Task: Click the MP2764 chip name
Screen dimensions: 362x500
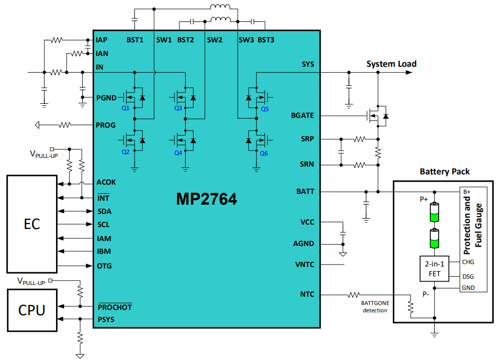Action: [x=207, y=199]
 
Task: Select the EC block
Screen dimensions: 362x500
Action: [x=32, y=224]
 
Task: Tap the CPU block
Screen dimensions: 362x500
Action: [x=32, y=310]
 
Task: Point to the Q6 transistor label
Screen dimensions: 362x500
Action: [x=264, y=152]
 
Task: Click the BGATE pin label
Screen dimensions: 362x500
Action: [x=302, y=116]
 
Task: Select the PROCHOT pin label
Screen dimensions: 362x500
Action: [x=115, y=307]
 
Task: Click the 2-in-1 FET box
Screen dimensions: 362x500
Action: [x=434, y=268]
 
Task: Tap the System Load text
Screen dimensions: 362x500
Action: [x=391, y=64]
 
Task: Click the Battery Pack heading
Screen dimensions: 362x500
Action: [x=444, y=171]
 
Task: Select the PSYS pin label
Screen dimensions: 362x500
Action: [x=106, y=320]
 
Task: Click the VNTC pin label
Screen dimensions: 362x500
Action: [x=305, y=265]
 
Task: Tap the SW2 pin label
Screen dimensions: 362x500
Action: [x=214, y=40]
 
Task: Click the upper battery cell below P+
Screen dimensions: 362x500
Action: [x=434, y=212]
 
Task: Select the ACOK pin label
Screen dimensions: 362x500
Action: [x=106, y=182]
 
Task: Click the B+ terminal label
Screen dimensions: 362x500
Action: [x=467, y=191]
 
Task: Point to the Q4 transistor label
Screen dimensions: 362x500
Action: [x=178, y=152]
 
